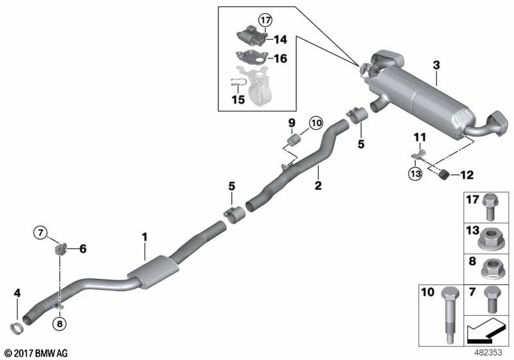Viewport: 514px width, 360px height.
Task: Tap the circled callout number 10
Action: [x=315, y=123]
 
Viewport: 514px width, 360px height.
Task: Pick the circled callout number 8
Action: [x=60, y=324]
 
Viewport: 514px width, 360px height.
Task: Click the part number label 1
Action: [x=145, y=237]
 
